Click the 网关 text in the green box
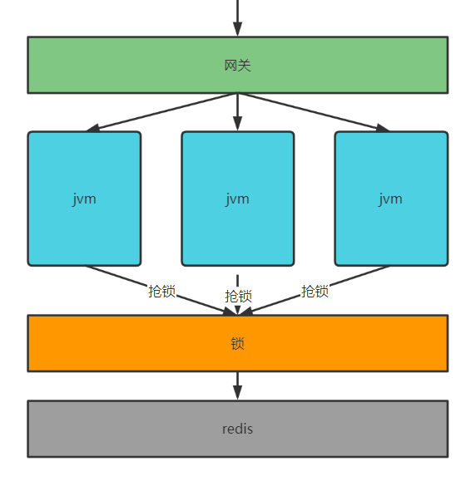pyautogui.click(x=237, y=66)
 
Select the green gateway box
pyautogui.click(x=238, y=65)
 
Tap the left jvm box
pyautogui.click(x=84, y=199)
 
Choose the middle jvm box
pyautogui.click(x=237, y=199)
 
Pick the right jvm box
pyautogui.click(x=391, y=199)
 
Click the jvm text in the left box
pyautogui.click(x=84, y=199)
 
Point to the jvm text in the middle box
pyautogui.click(x=237, y=199)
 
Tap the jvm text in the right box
pyautogui.click(x=390, y=199)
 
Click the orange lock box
pyautogui.click(x=238, y=343)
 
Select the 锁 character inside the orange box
pyautogui.click(x=237, y=344)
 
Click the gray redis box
pyautogui.click(x=238, y=429)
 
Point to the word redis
pyautogui.click(x=237, y=429)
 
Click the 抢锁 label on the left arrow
pyautogui.click(x=161, y=291)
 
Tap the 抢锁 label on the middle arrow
pyautogui.click(x=238, y=297)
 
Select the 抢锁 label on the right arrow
pyautogui.click(x=315, y=291)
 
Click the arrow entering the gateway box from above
pyautogui.click(x=237, y=18)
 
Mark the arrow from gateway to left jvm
pyautogui.click(x=162, y=112)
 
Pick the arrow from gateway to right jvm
pyautogui.click(x=314, y=112)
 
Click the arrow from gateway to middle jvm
pyautogui.click(x=237, y=112)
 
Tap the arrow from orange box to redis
pyautogui.click(x=237, y=386)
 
